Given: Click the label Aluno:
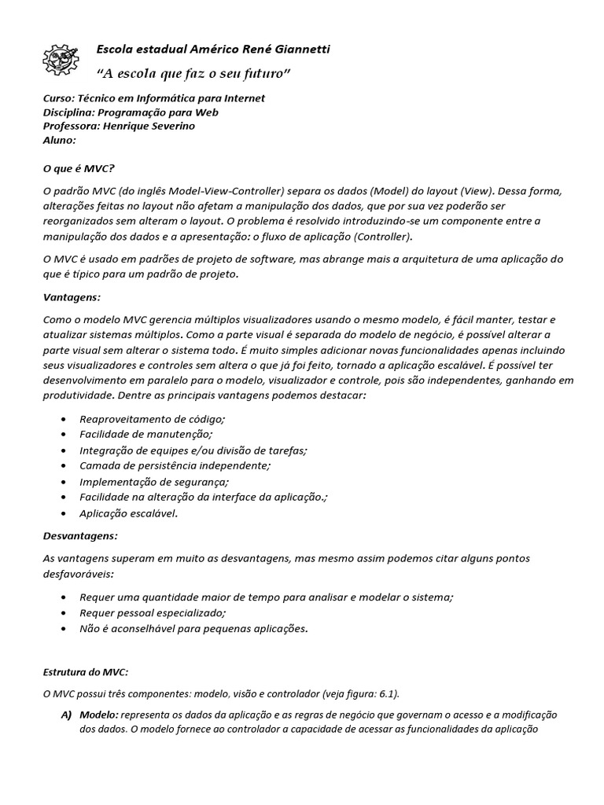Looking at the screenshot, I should (59, 140).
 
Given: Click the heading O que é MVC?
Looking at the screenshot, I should (79, 167).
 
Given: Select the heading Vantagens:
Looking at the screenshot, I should (72, 297).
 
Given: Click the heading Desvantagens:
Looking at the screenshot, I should (80, 536).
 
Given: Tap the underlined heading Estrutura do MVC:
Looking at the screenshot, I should (85, 672).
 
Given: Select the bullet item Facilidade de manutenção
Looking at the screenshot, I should (146, 435).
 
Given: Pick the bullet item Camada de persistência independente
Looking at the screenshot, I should (175, 466).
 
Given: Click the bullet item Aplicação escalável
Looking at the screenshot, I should (129, 513).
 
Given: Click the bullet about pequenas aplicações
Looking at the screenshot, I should (193, 629).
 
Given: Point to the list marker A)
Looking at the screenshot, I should (66, 715).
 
